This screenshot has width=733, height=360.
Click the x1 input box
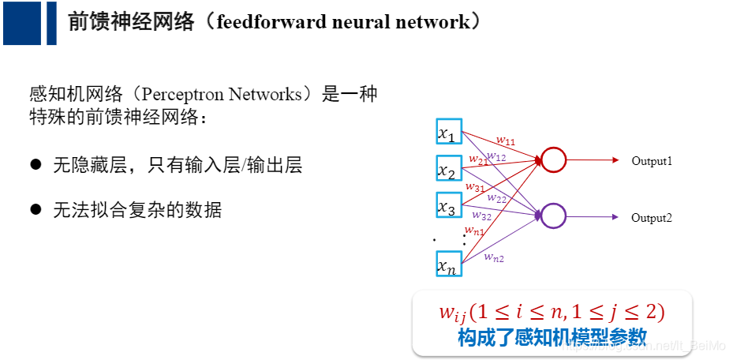(448, 132)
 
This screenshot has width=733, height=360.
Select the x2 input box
(448, 168)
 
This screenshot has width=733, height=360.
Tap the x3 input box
(448, 204)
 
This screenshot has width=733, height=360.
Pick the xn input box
(448, 264)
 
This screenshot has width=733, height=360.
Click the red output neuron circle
(554, 160)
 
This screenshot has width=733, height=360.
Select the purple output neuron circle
(554, 216)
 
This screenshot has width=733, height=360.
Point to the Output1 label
(651, 161)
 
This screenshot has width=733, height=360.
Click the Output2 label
(651, 218)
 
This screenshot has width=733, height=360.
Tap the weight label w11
(505, 141)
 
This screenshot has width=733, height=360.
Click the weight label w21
(477, 159)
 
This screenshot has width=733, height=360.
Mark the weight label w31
(475, 187)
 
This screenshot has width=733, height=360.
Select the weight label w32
(481, 215)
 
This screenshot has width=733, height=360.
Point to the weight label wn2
(494, 257)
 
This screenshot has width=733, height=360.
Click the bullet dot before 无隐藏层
(35, 164)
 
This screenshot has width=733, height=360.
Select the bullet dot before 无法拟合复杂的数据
(35, 209)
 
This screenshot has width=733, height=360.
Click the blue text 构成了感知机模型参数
(552, 336)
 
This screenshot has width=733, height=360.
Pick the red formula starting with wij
(552, 312)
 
